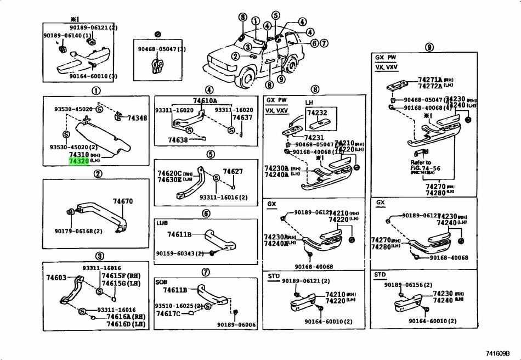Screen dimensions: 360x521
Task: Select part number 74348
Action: click(x=137, y=118)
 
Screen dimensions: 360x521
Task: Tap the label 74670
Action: click(x=123, y=202)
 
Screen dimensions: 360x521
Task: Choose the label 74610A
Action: click(x=205, y=100)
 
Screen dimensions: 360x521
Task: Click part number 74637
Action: click(x=242, y=118)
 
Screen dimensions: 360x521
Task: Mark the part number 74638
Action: click(x=178, y=140)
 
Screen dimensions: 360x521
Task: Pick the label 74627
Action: click(x=233, y=172)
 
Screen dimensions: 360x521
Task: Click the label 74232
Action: click(x=316, y=113)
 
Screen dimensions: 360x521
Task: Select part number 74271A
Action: click(x=429, y=80)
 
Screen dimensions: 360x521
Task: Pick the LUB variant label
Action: click(x=162, y=223)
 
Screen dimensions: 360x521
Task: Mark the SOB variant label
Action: click(x=162, y=282)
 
